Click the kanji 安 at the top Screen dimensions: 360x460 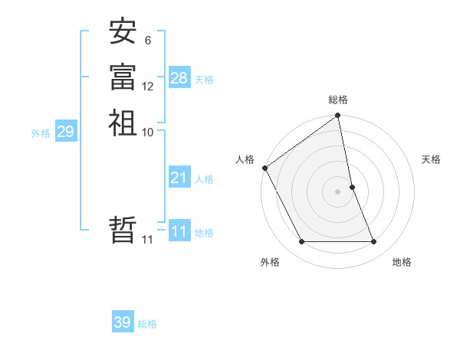[123, 32]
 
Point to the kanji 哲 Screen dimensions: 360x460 [123, 231]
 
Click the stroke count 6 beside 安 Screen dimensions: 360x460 [147, 41]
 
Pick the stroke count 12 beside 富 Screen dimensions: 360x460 [148, 87]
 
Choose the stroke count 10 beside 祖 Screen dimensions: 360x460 [148, 132]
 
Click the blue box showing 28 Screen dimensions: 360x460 [179, 78]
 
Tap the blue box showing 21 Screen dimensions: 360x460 [179, 178]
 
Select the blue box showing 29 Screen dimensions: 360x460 [65, 132]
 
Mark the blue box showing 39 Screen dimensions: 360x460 [123, 322]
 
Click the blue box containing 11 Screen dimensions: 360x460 [179, 232]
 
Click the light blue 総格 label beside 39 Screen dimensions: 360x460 [147, 324]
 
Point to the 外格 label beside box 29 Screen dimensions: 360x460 [41, 133]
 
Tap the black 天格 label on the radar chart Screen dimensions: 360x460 [431, 159]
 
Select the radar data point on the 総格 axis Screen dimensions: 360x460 [338, 116]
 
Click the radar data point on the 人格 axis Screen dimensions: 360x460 [264, 168]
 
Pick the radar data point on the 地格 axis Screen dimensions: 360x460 [374, 242]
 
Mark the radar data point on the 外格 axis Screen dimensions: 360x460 [302, 242]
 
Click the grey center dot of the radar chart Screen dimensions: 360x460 [338, 191]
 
